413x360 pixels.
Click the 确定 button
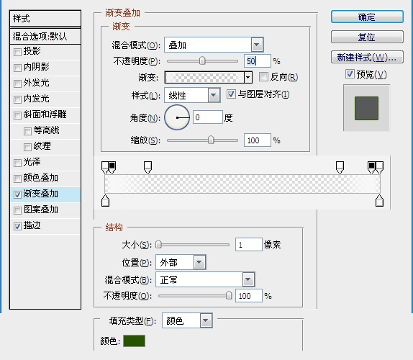[x=367, y=17]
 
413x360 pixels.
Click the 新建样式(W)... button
[x=367, y=57]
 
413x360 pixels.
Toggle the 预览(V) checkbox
[x=350, y=74]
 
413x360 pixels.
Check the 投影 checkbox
[x=17, y=52]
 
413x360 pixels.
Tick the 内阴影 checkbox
[x=17, y=68]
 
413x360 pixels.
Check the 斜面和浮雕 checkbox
[x=17, y=115]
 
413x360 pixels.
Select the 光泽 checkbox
[x=17, y=163]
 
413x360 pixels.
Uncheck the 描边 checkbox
[x=17, y=226]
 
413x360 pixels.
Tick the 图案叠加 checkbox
[x=17, y=210]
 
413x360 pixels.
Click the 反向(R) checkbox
[x=263, y=77]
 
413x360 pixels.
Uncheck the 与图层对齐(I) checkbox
[x=231, y=94]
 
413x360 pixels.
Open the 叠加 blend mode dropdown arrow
[x=257, y=45]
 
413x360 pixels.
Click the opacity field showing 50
[x=257, y=61]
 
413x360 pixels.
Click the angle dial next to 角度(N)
[x=177, y=117]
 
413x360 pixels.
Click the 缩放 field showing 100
[x=257, y=140]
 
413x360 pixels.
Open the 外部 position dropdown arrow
[x=199, y=262]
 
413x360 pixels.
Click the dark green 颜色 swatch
[x=134, y=341]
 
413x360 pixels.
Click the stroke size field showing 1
[x=249, y=245]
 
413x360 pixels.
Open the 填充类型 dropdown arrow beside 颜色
[x=206, y=320]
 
